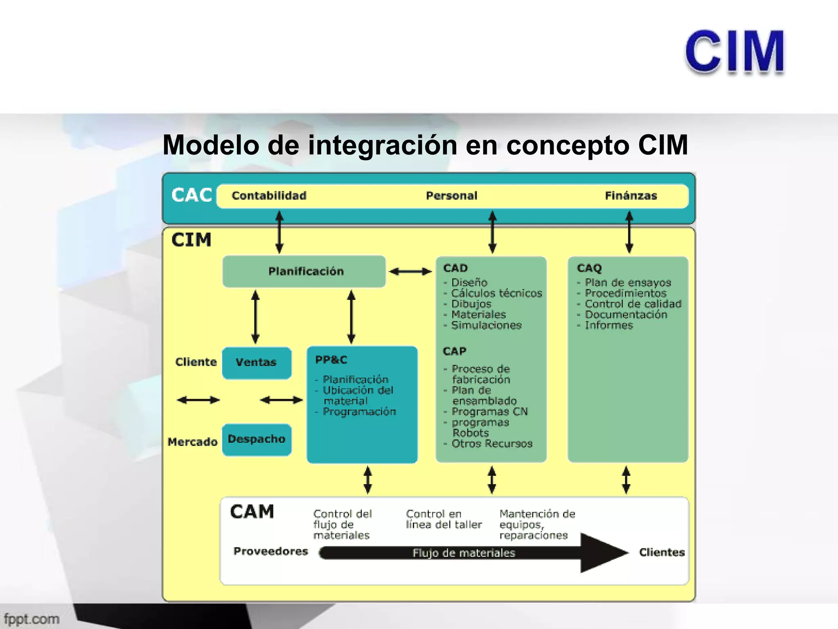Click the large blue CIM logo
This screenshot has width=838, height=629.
tap(734, 52)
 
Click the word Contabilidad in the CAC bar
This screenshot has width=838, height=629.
tap(269, 196)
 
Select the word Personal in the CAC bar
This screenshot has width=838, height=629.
tap(451, 196)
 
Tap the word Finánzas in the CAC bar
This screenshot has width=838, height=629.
tap(631, 196)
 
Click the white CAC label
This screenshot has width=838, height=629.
tap(191, 195)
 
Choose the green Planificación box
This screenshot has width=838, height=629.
tap(304, 271)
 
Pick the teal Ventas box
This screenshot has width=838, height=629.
tap(257, 362)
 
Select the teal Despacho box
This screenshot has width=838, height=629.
tap(257, 439)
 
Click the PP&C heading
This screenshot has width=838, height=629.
tap(331, 360)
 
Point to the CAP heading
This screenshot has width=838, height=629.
tap(454, 351)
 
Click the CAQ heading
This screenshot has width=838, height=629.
tap(589, 268)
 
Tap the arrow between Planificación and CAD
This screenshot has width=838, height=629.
tap(410, 271)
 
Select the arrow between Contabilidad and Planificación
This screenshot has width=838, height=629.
tap(279, 232)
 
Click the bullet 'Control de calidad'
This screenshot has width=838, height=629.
tap(633, 304)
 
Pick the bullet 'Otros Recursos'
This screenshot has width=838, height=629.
tap(491, 443)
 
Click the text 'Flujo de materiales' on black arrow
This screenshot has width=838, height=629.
tap(463, 553)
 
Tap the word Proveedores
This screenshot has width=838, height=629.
tap(270, 551)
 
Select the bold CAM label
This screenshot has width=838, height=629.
tap(252, 512)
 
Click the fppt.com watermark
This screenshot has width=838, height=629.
tap(32, 619)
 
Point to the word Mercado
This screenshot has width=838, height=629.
tap(192, 442)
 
